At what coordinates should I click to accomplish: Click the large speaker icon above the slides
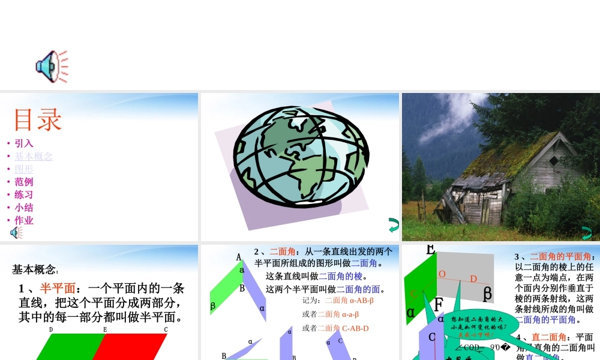50,66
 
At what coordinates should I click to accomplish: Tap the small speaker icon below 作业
16,233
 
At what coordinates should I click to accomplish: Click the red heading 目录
38,119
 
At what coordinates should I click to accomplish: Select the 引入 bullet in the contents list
24,143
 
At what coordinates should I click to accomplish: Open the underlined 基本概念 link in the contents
34,157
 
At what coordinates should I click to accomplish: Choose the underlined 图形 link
24,169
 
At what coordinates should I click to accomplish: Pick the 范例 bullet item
24,182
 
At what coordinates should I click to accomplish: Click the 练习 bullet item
24,194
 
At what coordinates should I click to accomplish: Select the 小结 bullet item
24,208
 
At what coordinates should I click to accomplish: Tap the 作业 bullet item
24,220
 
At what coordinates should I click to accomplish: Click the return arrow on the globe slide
394,226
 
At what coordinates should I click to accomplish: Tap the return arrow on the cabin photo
587,233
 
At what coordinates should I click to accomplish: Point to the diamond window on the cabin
553,160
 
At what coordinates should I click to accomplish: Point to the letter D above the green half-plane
51,329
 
